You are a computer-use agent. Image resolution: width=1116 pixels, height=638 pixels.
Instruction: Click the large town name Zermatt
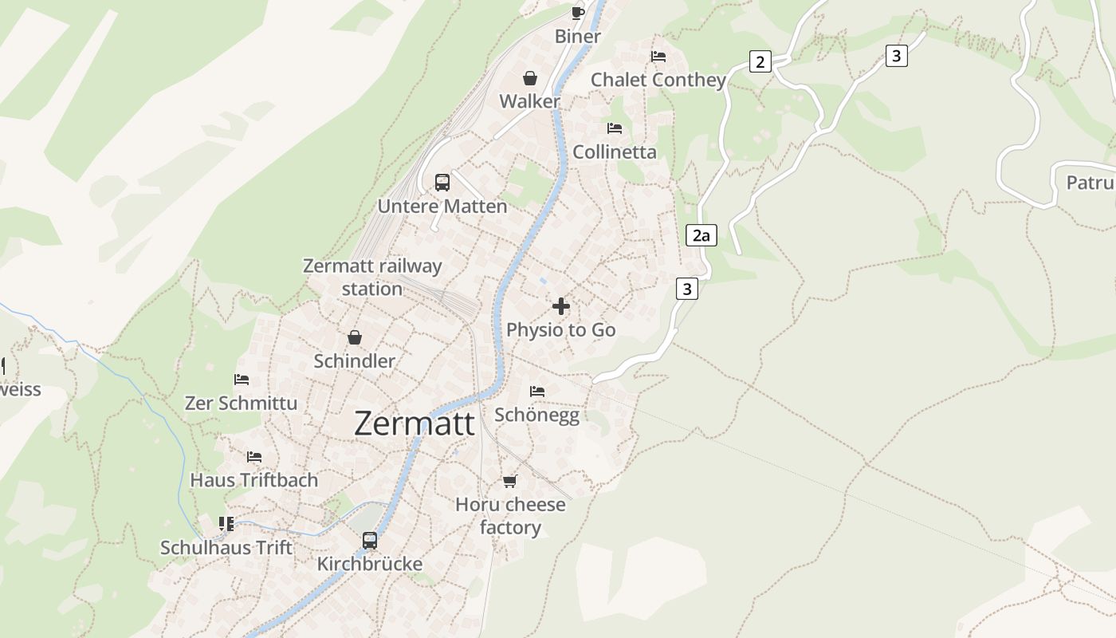[x=414, y=423]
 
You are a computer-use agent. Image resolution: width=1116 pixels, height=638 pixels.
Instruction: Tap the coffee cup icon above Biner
[x=578, y=13]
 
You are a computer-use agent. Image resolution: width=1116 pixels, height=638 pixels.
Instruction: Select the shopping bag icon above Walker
[x=529, y=78]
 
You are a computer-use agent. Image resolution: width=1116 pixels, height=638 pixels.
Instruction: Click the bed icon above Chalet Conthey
[x=658, y=57]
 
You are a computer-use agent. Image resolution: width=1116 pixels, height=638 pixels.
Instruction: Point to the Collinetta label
[x=615, y=152]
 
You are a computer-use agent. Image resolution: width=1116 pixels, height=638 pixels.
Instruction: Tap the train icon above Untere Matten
[x=442, y=182]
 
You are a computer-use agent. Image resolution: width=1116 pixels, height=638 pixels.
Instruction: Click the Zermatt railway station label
[x=372, y=277]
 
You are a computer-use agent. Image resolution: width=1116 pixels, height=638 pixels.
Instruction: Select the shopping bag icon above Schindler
[x=354, y=338]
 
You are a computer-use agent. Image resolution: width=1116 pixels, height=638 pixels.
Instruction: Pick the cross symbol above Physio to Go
[x=561, y=306]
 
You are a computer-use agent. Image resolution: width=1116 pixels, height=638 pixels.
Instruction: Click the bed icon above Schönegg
[x=537, y=392]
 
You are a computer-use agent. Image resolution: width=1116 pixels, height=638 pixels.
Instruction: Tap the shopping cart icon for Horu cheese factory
[x=510, y=481]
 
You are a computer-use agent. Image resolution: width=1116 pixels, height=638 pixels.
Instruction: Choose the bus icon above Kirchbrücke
[x=370, y=540]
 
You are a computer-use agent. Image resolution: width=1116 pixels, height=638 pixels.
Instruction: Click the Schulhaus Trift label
[x=226, y=548]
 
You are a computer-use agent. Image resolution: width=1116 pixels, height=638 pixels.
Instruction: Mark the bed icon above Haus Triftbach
[x=254, y=457]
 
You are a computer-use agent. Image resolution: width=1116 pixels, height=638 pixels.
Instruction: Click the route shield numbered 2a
[x=701, y=235]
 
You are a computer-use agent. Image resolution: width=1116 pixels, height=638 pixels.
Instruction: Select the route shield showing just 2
[x=760, y=61]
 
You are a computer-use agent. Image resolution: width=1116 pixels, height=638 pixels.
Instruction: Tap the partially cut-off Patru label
[x=1090, y=183]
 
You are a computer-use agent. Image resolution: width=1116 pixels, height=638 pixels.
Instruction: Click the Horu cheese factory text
[x=510, y=516]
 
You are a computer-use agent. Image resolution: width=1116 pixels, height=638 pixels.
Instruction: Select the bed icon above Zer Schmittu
[x=242, y=380]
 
